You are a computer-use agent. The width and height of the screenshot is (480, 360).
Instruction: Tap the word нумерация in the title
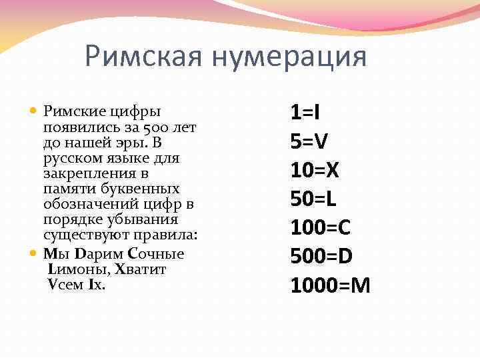pyautogui.click(x=289, y=57)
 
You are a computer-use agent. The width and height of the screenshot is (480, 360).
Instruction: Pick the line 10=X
pyautogui.click(x=315, y=169)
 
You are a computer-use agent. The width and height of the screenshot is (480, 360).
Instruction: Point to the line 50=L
pyautogui.click(x=313, y=199)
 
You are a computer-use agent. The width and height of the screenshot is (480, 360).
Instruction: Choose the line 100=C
pyautogui.click(x=320, y=227)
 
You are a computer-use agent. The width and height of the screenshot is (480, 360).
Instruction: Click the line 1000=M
pyautogui.click(x=330, y=285)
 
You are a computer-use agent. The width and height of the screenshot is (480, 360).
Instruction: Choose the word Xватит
pyautogui.click(x=141, y=269)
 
